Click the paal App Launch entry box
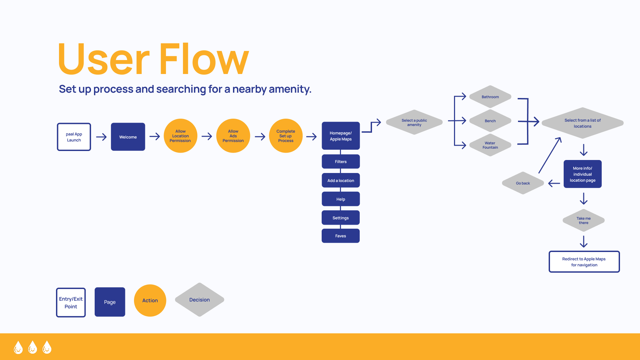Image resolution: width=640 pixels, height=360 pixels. [x=74, y=137]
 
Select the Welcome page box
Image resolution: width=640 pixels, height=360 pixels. [x=128, y=137]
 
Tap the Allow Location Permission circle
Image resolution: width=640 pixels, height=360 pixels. [x=180, y=136]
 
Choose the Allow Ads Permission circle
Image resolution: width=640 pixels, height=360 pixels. [x=233, y=136]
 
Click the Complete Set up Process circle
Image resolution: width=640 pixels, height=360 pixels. [x=286, y=136]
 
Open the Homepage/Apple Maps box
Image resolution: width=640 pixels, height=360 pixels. [x=341, y=136]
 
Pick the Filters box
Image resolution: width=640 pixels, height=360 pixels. [x=341, y=162]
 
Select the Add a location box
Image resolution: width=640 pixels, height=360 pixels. [x=341, y=180]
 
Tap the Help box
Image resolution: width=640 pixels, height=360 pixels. [x=341, y=199]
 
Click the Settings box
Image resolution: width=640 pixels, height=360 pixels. [x=341, y=218]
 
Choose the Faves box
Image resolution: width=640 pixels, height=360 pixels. [x=341, y=236]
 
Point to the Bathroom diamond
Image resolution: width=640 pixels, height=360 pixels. [x=490, y=97]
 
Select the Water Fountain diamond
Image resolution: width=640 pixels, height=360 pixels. [x=490, y=145]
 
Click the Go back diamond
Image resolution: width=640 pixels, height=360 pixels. [x=523, y=183]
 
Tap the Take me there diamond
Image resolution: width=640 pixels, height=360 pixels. [x=584, y=220]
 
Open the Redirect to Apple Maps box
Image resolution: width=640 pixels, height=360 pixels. [x=584, y=262]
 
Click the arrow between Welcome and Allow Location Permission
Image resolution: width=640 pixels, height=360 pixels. [x=155, y=136]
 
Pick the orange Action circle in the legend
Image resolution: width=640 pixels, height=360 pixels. [x=150, y=300]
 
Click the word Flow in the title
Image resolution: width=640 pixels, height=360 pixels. [x=204, y=59]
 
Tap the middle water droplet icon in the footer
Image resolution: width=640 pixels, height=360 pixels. [x=33, y=347]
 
